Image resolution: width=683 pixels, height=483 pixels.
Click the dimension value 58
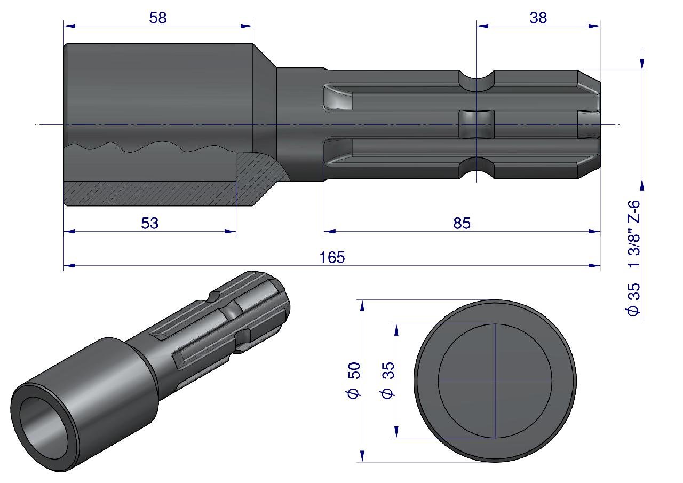(158, 18)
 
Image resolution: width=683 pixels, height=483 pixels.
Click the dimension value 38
(538, 18)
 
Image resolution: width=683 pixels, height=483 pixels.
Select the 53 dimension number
(150, 223)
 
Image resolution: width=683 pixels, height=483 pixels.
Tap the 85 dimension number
(462, 223)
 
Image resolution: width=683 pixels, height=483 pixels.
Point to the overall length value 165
(332, 257)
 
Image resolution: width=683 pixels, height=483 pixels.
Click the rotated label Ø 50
(354, 380)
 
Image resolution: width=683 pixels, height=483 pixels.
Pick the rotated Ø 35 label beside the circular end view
(388, 380)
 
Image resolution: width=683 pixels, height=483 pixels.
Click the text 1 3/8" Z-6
(634, 233)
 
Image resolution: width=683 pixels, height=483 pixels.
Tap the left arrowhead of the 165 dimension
(69, 266)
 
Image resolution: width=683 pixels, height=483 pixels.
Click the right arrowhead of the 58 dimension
(247, 26)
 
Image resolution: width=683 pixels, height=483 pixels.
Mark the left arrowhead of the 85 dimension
(330, 232)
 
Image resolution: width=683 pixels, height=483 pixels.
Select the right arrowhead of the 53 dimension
(230, 232)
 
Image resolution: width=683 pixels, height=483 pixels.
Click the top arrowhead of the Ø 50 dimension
(362, 305)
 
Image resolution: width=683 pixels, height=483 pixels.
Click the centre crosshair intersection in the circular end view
(495, 381)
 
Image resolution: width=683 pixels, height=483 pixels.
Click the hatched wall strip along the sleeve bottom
(150, 194)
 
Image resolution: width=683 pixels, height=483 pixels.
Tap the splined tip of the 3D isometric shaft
(268, 292)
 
